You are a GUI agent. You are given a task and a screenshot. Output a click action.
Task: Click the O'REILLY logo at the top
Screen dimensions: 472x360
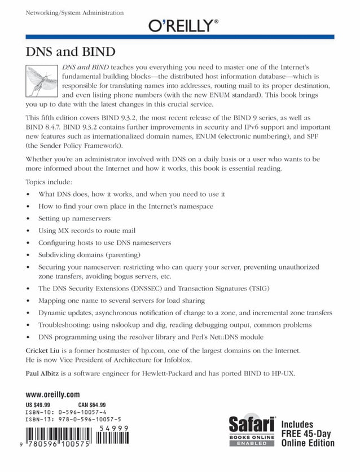point(183,25)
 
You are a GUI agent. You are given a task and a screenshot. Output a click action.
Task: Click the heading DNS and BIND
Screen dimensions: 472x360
point(71,52)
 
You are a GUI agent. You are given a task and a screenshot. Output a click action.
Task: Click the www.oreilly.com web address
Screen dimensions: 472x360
point(52,395)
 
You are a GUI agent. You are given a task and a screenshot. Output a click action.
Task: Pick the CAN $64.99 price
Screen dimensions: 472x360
point(91,405)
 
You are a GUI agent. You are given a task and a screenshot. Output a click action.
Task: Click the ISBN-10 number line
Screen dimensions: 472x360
point(65,412)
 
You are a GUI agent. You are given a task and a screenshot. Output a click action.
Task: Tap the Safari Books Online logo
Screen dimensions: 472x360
point(251,431)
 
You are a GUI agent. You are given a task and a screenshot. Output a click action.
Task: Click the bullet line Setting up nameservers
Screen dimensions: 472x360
point(74,218)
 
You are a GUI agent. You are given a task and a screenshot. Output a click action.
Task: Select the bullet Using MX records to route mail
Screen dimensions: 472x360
point(87,231)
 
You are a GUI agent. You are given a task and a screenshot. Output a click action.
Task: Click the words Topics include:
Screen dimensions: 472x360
point(49,182)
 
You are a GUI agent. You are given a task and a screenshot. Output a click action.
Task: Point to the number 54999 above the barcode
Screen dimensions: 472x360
point(115,429)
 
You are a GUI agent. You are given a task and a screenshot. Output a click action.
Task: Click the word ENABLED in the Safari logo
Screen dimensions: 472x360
point(251,444)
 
